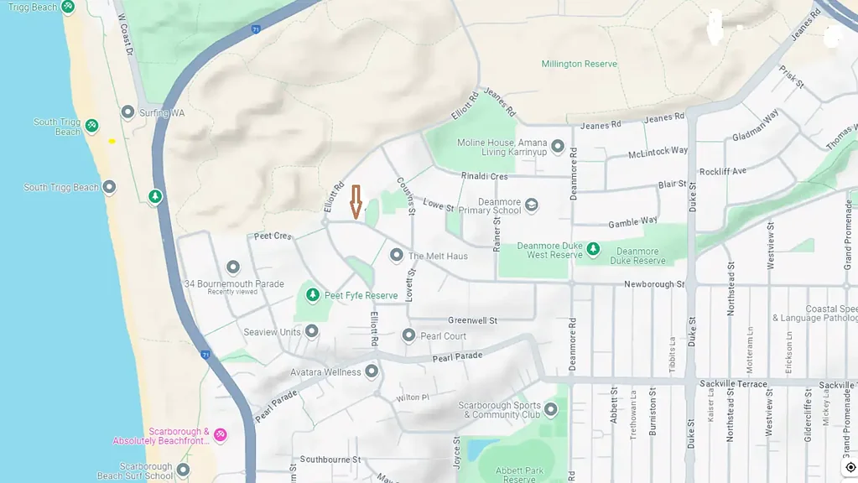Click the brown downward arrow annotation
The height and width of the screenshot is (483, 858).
(x=356, y=202)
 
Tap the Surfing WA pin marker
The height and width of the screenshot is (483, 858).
(x=128, y=112)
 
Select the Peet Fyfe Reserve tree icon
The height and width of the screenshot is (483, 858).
(x=313, y=295)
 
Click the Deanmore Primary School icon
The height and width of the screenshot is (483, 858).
(x=531, y=205)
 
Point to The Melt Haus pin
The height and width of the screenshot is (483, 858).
(x=397, y=255)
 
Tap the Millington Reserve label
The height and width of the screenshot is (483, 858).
(x=579, y=64)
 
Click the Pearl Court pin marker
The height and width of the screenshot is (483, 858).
(x=408, y=335)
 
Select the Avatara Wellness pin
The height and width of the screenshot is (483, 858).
(x=372, y=371)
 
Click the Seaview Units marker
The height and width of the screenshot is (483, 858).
(x=312, y=331)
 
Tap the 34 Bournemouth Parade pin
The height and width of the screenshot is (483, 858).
(x=233, y=267)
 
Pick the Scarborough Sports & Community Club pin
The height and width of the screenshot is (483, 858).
(x=551, y=409)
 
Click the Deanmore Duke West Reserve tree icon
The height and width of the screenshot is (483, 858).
(x=593, y=249)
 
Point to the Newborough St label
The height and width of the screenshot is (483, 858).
(x=654, y=284)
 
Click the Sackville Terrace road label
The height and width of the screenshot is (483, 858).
(x=733, y=383)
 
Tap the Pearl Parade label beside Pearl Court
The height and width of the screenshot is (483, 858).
(x=457, y=357)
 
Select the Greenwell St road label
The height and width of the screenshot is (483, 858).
(x=472, y=320)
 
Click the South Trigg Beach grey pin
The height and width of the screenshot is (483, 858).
(x=109, y=187)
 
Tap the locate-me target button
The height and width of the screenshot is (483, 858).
(x=850, y=467)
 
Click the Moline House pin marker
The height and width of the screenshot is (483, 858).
(x=557, y=147)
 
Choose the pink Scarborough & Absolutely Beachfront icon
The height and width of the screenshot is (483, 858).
(x=220, y=434)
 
